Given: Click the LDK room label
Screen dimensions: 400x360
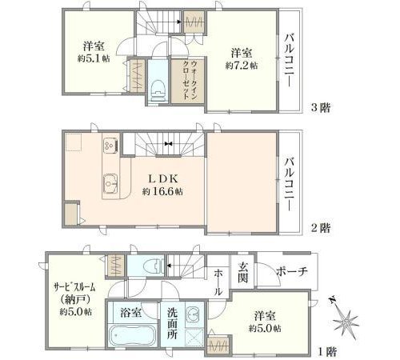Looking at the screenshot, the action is click(163, 178).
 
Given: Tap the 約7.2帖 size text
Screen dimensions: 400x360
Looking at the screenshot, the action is click(242, 66).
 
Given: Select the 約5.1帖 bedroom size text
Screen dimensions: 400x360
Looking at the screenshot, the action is click(94, 58).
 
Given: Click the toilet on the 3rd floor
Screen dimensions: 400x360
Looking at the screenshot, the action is click(158, 91).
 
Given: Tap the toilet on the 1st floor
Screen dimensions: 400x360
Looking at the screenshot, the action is click(153, 266).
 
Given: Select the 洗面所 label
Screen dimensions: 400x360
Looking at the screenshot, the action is click(172, 323).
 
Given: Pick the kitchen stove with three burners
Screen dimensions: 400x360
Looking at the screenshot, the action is click(110, 145).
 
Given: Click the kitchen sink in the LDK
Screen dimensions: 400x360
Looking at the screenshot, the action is click(110, 183).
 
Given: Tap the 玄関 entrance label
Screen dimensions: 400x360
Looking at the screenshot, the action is click(243, 272).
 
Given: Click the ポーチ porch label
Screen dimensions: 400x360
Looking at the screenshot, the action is click(292, 271).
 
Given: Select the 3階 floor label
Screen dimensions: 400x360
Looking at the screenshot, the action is click(321, 108).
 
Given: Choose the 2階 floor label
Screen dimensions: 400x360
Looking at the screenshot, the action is click(321, 228).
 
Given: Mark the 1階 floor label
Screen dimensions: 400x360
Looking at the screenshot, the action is click(328, 352).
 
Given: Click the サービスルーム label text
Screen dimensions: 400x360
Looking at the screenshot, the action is click(74, 287).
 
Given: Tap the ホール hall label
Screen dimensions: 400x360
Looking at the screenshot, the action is click(218, 282).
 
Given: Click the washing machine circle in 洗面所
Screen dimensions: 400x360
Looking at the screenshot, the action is click(193, 312).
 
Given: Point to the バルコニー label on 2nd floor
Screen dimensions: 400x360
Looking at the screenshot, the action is click(289, 185).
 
